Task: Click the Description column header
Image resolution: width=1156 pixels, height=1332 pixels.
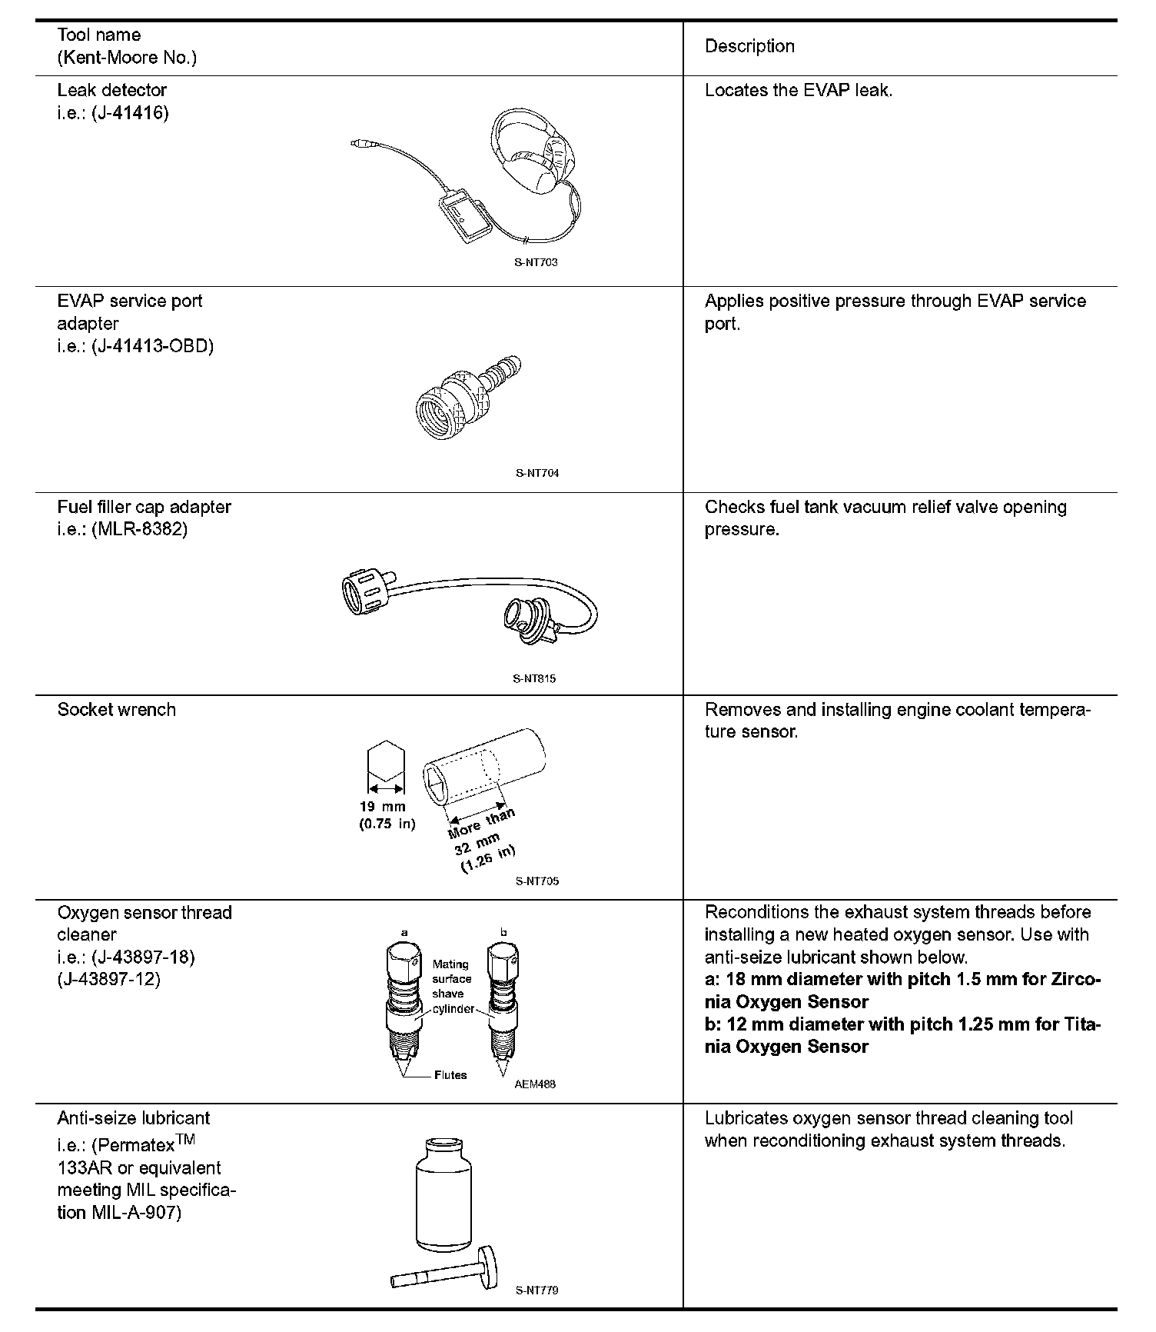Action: pos(749,46)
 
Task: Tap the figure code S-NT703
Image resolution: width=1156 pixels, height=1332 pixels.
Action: pos(536,262)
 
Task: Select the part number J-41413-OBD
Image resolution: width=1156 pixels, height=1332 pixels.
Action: pos(152,346)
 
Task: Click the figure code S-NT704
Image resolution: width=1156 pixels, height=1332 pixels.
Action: pos(536,473)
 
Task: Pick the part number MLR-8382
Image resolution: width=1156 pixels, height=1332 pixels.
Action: pos(139,530)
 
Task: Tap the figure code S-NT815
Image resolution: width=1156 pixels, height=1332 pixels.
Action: pos(534,679)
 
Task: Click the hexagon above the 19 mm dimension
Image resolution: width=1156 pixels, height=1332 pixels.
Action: pos(386,761)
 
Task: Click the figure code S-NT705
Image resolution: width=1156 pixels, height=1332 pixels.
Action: pos(536,881)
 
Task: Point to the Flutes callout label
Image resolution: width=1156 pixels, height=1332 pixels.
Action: pos(450,1075)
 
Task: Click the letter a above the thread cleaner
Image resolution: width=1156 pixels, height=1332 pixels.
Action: pos(405,933)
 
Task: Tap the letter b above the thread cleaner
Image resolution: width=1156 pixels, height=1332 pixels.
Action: pos(503,933)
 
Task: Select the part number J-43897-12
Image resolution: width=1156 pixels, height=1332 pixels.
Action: pos(109,980)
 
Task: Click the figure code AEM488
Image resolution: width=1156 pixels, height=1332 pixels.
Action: pos(535,1084)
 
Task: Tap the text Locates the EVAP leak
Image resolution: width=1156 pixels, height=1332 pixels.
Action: pos(799,91)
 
